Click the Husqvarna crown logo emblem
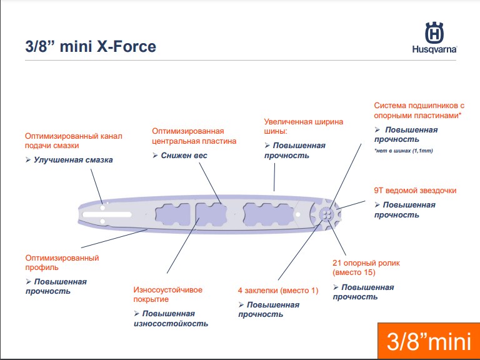tap(434, 32)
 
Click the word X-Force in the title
tap(126, 46)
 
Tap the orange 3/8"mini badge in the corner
tap(429, 341)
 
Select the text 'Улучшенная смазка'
tap(73, 160)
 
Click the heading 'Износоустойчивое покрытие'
tap(167, 294)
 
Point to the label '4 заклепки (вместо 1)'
tap(278, 290)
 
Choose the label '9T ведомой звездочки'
tap(415, 191)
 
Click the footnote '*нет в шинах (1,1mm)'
tap(404, 151)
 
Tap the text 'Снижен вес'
tap(184, 156)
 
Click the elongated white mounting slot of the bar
tap(107, 214)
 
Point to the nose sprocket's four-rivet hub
tap(326, 214)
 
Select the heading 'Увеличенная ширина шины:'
tap(304, 127)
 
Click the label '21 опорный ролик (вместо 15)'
tap(366, 267)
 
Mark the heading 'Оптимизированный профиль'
tap(62, 262)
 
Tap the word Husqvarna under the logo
tap(435, 49)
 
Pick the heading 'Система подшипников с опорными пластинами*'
tap(419, 111)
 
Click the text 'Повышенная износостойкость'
tap(171, 319)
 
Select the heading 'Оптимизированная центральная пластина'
tap(194, 136)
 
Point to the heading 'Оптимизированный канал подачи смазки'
tap(74, 141)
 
